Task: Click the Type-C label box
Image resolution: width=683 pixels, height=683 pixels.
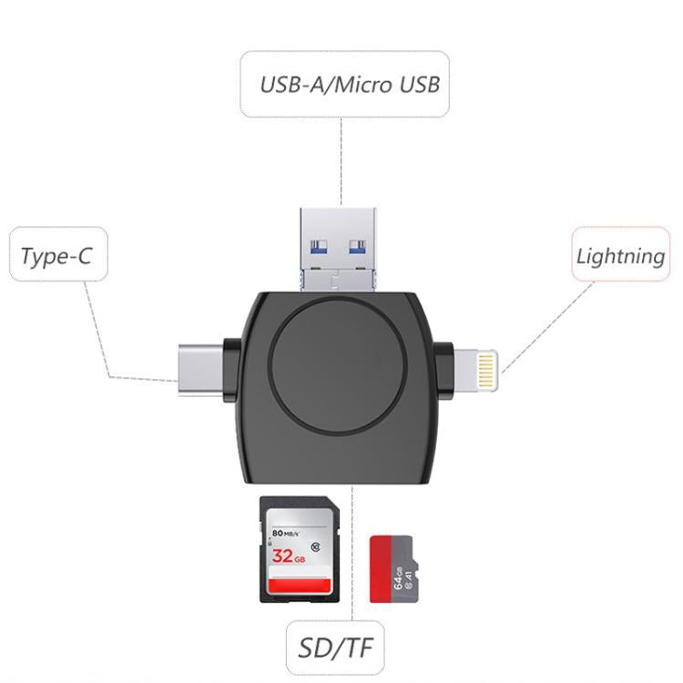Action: click(58, 253)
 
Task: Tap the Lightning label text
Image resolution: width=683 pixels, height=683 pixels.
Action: click(620, 256)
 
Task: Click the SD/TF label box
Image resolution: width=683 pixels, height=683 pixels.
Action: click(335, 647)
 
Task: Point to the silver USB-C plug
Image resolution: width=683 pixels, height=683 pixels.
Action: click(201, 370)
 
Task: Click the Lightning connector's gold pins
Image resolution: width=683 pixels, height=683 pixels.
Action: click(486, 371)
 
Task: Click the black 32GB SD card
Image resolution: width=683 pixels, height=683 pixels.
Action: click(300, 549)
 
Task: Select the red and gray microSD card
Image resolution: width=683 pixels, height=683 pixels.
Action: click(393, 569)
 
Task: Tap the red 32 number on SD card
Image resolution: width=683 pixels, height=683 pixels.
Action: click(281, 556)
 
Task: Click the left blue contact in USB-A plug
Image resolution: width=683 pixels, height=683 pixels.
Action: click(319, 247)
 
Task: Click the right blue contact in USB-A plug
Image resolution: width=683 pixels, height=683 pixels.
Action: click(358, 247)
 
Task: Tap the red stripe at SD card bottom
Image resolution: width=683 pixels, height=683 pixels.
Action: click(300, 586)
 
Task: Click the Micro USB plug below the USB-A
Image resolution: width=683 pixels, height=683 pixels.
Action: click(338, 280)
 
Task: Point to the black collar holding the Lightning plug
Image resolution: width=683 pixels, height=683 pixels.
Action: click(443, 371)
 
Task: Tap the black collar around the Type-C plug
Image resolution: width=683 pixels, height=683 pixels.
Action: click(231, 370)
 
